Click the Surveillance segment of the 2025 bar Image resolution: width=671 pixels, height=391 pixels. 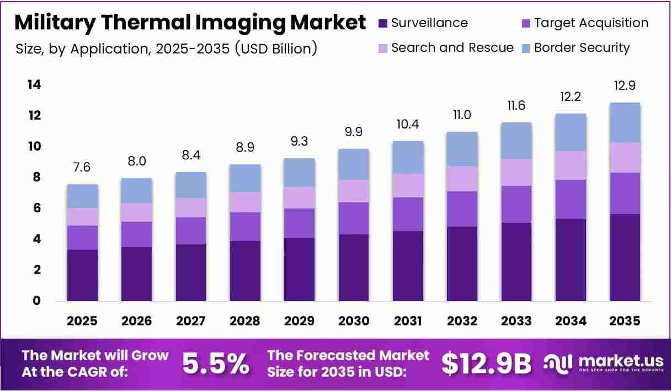(82, 275)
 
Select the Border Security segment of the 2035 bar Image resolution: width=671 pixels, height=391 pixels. (625, 123)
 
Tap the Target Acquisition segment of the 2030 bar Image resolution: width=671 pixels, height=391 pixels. (354, 218)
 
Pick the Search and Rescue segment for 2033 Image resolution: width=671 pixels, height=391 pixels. (516, 173)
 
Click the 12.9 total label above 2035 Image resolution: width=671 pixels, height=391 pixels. (625, 85)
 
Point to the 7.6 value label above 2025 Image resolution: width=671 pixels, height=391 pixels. (82, 167)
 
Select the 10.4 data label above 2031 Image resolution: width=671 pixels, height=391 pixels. (408, 124)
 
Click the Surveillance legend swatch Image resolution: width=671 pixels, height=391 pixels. (383, 23)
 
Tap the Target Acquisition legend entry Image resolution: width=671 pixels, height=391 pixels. (585, 23)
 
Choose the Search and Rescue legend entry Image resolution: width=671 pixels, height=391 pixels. (446, 48)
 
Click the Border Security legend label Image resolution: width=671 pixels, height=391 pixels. (582, 48)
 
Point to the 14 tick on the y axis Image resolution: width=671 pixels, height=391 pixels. (34, 85)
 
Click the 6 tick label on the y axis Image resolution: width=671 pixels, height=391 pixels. (37, 208)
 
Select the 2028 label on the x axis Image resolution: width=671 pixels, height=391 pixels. (245, 321)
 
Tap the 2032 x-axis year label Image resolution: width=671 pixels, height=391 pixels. (462, 321)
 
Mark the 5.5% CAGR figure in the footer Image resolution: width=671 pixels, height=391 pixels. (216, 364)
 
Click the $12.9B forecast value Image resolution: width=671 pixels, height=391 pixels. (487, 364)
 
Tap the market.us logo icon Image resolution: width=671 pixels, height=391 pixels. (558, 363)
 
